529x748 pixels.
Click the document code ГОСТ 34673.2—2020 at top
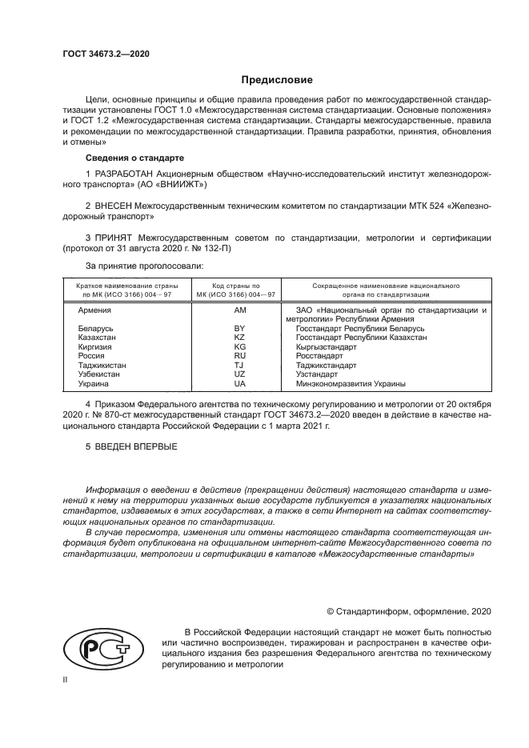tap(106, 54)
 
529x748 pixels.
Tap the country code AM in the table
tap(238, 309)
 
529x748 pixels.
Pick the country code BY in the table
tap(238, 329)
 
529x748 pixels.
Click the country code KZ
tap(238, 338)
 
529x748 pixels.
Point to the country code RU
tap(238, 355)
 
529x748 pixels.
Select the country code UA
tap(238, 382)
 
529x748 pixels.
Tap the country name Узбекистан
tap(100, 374)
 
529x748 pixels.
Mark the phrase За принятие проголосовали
tap(144, 264)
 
